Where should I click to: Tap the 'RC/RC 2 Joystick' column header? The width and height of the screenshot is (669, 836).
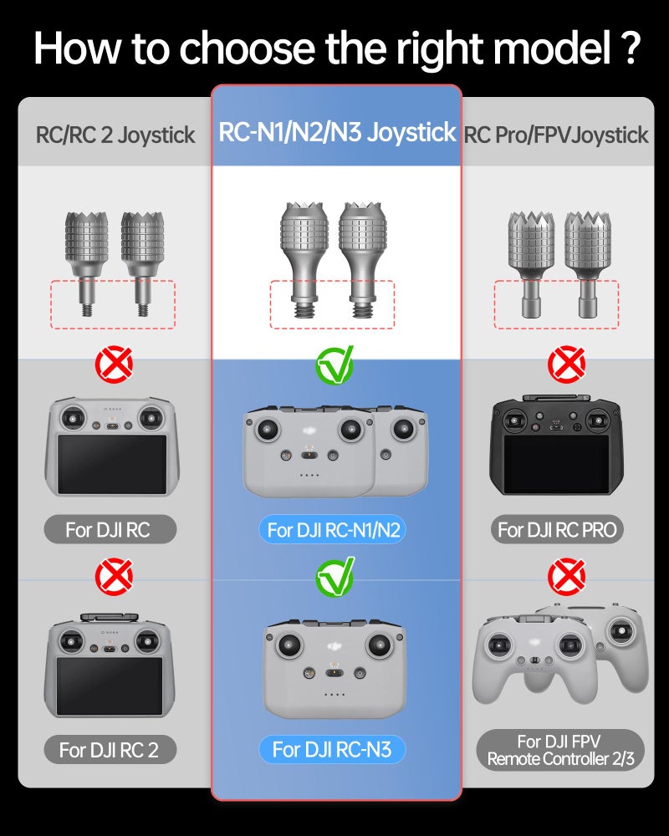click(x=115, y=135)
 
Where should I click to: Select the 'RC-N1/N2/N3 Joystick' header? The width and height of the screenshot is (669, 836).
click(x=337, y=132)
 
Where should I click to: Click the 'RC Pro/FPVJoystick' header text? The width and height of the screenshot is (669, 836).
click(x=557, y=135)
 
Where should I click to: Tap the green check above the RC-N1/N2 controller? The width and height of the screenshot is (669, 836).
click(x=334, y=364)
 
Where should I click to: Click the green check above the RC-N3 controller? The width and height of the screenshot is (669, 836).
click(x=334, y=576)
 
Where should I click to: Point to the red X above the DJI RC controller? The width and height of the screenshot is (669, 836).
click(x=114, y=365)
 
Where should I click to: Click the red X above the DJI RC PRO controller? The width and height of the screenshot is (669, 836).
click(x=565, y=365)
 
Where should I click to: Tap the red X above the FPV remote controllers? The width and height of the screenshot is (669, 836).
click(x=565, y=577)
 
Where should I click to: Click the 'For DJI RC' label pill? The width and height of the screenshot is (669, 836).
click(x=109, y=529)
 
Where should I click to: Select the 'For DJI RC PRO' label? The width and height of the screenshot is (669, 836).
click(x=557, y=529)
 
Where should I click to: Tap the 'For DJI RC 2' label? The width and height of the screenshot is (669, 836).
click(x=109, y=750)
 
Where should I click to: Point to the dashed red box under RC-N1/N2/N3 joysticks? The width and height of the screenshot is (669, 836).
click(x=332, y=304)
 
